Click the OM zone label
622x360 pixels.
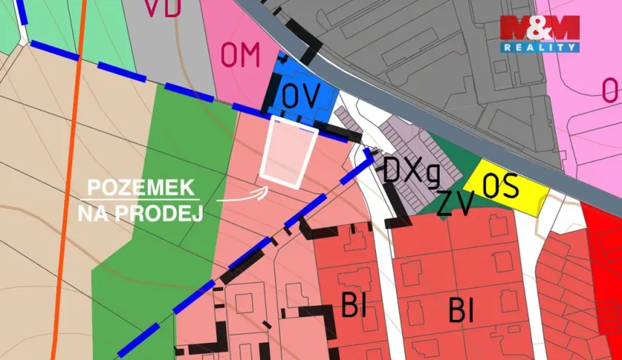tap(241, 55)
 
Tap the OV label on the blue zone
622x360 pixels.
tap(300, 95)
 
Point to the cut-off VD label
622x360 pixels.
tap(161, 8)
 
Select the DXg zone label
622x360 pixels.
tap(411, 171)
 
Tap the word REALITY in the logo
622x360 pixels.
tap(539, 48)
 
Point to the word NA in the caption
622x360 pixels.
tap(91, 213)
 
